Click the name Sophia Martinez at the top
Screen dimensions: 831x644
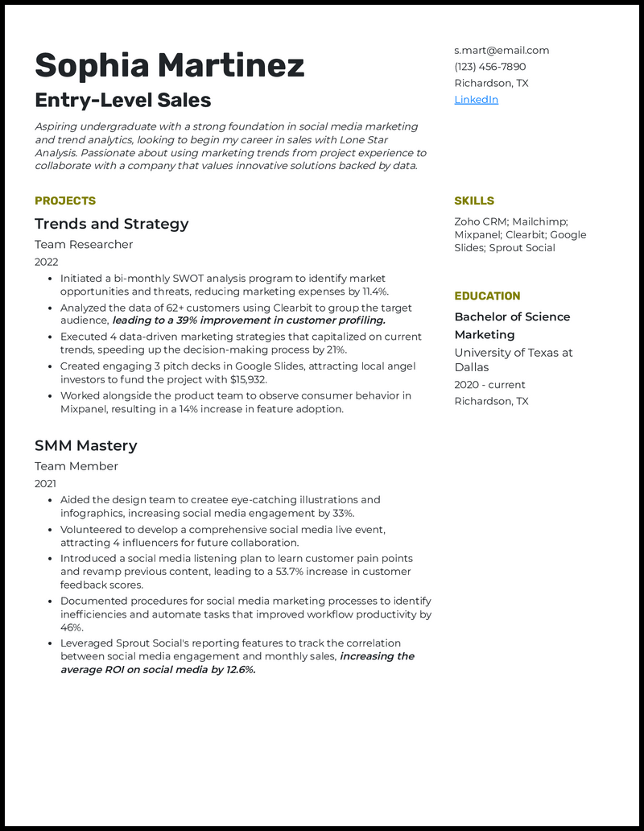tap(169, 65)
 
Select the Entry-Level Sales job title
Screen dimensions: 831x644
tap(122, 101)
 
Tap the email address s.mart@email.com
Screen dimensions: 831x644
tap(502, 50)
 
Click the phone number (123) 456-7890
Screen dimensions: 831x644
tap(489, 67)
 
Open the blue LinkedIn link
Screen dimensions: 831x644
tap(476, 100)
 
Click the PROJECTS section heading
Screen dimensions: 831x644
tap(65, 201)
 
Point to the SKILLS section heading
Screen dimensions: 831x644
tap(474, 201)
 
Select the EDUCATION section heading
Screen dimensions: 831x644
tap(487, 296)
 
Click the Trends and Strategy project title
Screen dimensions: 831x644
tap(111, 224)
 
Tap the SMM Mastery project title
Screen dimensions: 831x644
tap(85, 445)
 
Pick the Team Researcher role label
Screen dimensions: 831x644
tap(84, 244)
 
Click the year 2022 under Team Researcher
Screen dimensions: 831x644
tap(46, 262)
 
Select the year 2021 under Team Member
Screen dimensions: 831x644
tap(46, 483)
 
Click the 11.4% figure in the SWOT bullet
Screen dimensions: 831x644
tap(374, 291)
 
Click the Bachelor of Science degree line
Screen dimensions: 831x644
tap(512, 316)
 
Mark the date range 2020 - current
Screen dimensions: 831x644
tap(489, 385)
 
